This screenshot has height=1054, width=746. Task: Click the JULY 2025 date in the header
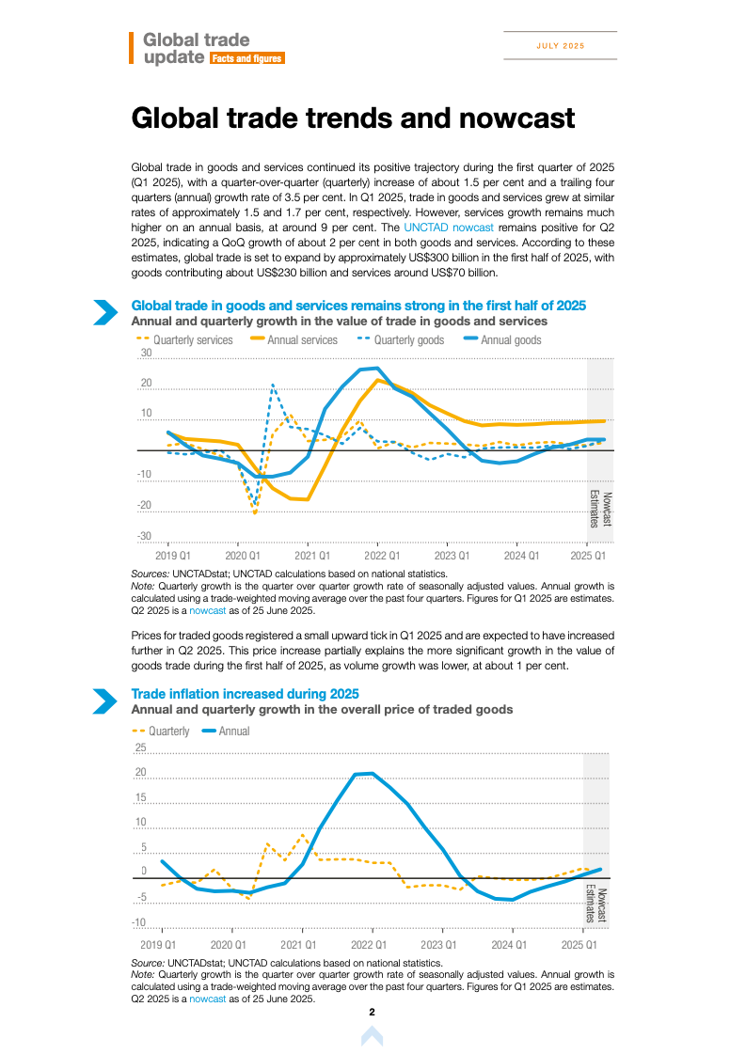561,46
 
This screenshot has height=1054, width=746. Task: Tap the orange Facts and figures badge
246,58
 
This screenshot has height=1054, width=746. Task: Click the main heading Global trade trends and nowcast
353,118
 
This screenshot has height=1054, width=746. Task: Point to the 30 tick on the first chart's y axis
146,354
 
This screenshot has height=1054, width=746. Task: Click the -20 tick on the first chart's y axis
144,506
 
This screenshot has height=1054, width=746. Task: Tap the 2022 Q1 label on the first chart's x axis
381,557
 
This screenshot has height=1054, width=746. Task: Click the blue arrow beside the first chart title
104,312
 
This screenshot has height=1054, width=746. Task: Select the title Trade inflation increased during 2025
245,694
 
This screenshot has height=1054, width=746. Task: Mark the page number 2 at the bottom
373,1013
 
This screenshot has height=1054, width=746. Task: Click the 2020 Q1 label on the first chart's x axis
238,557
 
